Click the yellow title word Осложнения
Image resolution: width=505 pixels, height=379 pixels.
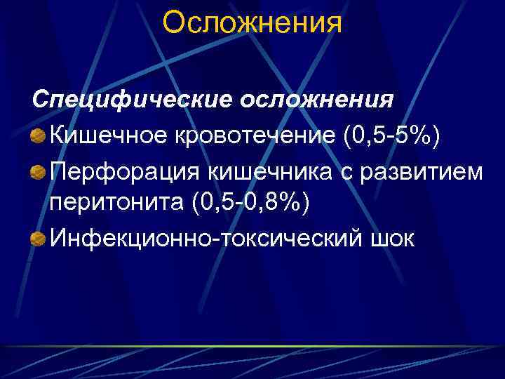[x=252, y=23]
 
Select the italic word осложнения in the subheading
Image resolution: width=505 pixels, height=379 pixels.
[x=317, y=99]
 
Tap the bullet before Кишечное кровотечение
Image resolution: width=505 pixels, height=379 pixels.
[x=39, y=134]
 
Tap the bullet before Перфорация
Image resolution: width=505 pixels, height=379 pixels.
[x=39, y=170]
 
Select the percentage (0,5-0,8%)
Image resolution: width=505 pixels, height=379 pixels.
[x=248, y=203]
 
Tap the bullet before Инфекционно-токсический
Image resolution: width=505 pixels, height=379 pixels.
[x=39, y=239]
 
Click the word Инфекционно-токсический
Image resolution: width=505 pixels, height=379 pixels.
[x=204, y=239]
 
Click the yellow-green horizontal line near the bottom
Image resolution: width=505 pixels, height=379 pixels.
[x=252, y=346]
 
